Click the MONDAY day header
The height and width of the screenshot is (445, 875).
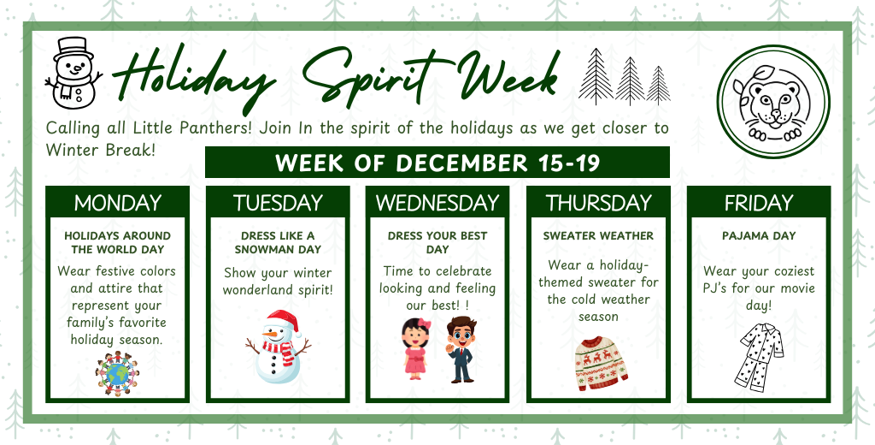point(117,203)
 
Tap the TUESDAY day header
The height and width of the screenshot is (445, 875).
point(278,203)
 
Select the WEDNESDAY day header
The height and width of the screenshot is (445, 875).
point(437,203)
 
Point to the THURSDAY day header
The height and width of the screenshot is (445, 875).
point(598,203)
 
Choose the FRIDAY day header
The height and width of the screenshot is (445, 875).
point(759,203)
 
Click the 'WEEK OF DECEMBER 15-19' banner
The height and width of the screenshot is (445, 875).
point(437,163)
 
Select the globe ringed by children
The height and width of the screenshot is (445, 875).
point(117,374)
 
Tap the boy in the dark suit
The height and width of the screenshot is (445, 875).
point(461,348)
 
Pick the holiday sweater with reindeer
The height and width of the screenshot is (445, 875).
point(601,363)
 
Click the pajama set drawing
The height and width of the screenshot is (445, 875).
point(760,358)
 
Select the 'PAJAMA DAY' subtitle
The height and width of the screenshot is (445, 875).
point(759,235)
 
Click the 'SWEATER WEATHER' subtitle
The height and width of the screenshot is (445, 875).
point(598,235)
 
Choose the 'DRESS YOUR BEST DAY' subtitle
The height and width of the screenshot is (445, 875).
point(437,242)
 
